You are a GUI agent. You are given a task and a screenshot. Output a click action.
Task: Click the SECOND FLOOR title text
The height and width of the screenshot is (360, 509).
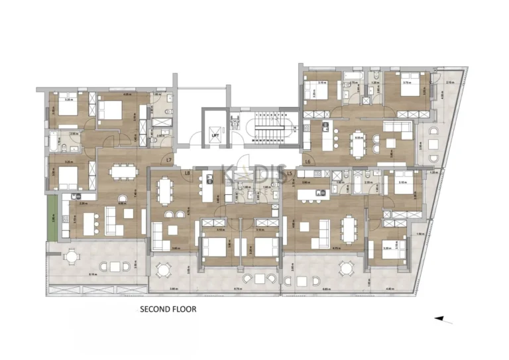point(167,309)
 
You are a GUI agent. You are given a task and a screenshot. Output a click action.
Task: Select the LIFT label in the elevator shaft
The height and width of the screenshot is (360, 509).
point(215,136)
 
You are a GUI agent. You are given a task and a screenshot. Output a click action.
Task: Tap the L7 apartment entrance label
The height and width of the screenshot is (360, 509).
point(170,160)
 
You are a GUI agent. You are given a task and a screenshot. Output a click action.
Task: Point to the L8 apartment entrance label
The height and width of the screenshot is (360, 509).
point(188,174)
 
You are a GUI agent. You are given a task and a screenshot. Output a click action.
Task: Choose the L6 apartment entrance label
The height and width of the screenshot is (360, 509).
point(308,161)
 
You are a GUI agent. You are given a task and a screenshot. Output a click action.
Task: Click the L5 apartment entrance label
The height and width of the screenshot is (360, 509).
point(290,174)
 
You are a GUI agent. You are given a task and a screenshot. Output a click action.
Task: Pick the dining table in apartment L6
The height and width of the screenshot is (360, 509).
point(359,143)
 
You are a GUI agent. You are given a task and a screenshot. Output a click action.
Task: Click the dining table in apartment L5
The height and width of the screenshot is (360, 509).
point(349,230)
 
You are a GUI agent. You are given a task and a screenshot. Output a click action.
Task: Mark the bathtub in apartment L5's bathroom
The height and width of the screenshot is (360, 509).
point(359,182)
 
